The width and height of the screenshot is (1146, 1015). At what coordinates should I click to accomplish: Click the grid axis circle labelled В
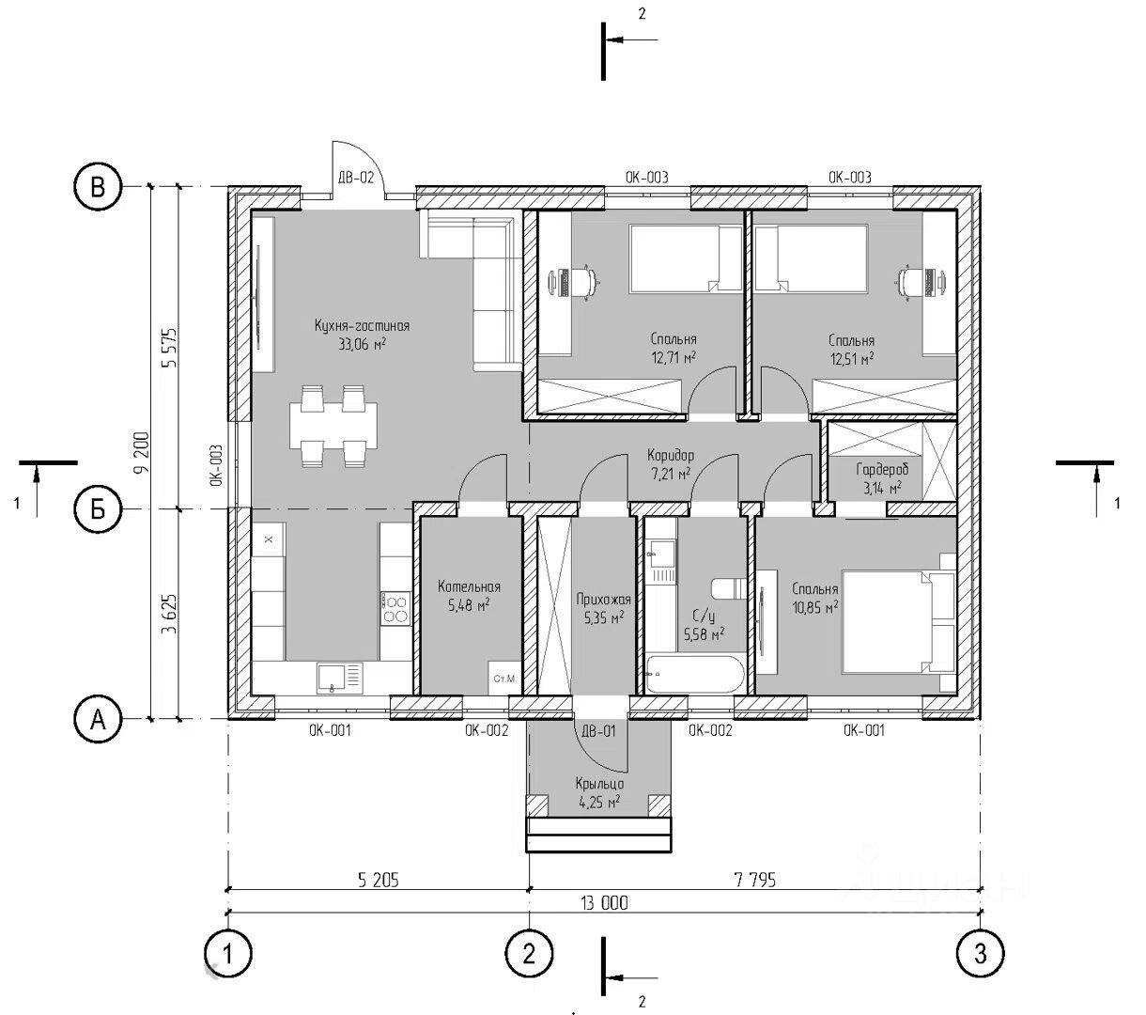pyautogui.click(x=98, y=187)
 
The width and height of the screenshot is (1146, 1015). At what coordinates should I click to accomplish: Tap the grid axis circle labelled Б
pyautogui.click(x=98, y=509)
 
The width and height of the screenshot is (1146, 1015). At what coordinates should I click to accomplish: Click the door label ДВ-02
pyautogui.click(x=356, y=178)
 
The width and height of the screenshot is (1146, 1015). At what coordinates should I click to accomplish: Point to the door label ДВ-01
pyautogui.click(x=598, y=731)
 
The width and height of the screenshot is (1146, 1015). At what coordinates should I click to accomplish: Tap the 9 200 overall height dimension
pyautogui.click(x=143, y=452)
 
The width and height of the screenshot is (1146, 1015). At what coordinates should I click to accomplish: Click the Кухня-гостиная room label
pyautogui.click(x=362, y=326)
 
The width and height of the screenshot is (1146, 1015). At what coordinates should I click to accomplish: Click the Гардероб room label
pyautogui.click(x=882, y=469)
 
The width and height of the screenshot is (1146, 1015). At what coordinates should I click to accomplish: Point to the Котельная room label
pyautogui.click(x=469, y=586)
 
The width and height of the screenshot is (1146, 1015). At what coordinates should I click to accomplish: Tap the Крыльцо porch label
pyautogui.click(x=599, y=784)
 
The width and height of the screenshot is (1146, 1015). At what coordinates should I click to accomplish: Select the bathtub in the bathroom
pyautogui.click(x=695, y=674)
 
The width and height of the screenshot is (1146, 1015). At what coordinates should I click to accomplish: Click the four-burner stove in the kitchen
pyautogui.click(x=395, y=607)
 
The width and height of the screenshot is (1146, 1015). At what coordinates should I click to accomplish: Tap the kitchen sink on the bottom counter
pyautogui.click(x=339, y=679)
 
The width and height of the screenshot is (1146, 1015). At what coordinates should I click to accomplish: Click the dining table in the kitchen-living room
pyautogui.click(x=333, y=425)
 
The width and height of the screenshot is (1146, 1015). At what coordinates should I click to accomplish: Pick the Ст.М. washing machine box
pyautogui.click(x=505, y=679)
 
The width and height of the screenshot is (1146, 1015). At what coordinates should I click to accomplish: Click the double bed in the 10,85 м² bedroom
pyautogui.click(x=897, y=622)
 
